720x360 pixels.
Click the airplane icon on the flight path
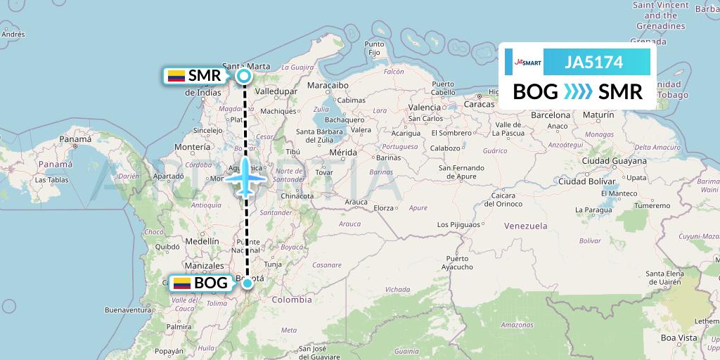245,176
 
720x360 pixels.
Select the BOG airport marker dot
247,283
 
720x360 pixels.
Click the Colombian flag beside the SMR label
176,76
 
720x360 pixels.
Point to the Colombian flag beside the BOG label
182,283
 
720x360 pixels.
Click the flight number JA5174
594,63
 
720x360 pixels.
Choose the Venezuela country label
526,226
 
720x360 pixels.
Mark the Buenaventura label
129,309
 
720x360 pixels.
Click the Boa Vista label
677,338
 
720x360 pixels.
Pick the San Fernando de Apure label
462,172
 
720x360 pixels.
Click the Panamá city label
75,139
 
